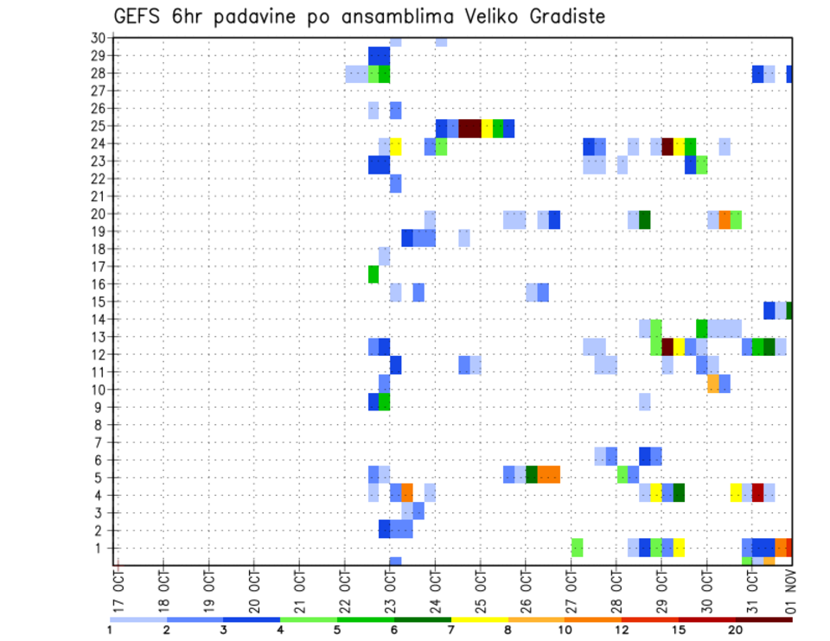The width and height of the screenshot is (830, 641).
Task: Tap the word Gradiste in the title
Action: coord(565,17)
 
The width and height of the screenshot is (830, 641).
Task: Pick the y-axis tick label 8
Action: coord(101,425)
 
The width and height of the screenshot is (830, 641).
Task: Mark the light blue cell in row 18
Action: coord(385,257)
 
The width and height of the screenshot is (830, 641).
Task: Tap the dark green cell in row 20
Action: coord(644,219)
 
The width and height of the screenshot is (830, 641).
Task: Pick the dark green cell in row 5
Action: coord(532,474)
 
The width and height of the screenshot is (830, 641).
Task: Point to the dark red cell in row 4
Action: coord(757,492)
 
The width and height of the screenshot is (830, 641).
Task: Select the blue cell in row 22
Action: coord(395,183)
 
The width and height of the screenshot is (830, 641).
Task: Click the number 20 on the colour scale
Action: coord(736,629)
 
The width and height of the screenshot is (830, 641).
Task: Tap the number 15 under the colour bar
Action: coord(679,629)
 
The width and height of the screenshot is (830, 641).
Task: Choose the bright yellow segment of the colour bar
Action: coord(480,619)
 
